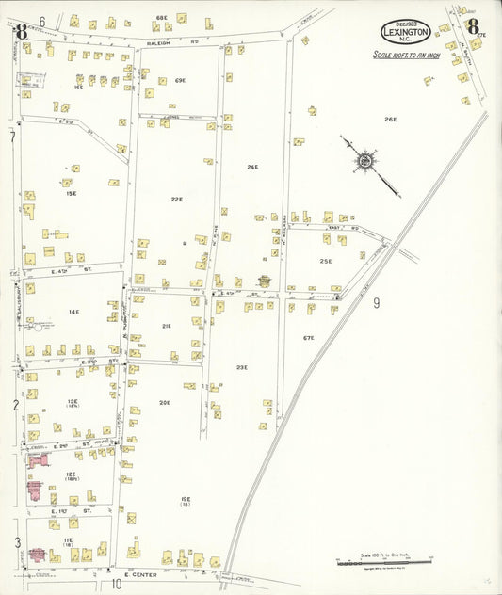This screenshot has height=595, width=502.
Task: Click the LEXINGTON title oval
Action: [406, 31]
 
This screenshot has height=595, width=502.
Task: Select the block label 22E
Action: [176, 199]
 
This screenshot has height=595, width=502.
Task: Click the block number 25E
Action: [325, 261]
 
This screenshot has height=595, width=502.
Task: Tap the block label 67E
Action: [308, 337]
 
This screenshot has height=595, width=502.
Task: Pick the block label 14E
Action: [73, 312]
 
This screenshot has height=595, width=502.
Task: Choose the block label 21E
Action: [166, 326]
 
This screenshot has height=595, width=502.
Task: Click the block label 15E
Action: [71, 193]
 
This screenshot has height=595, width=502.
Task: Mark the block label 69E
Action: [180, 81]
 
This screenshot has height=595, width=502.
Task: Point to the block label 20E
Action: [164, 402]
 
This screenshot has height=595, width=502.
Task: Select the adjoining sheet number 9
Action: [375, 302]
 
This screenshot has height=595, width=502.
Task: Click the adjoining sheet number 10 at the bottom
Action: [117, 584]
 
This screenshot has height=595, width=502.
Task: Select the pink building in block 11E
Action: [40, 555]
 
